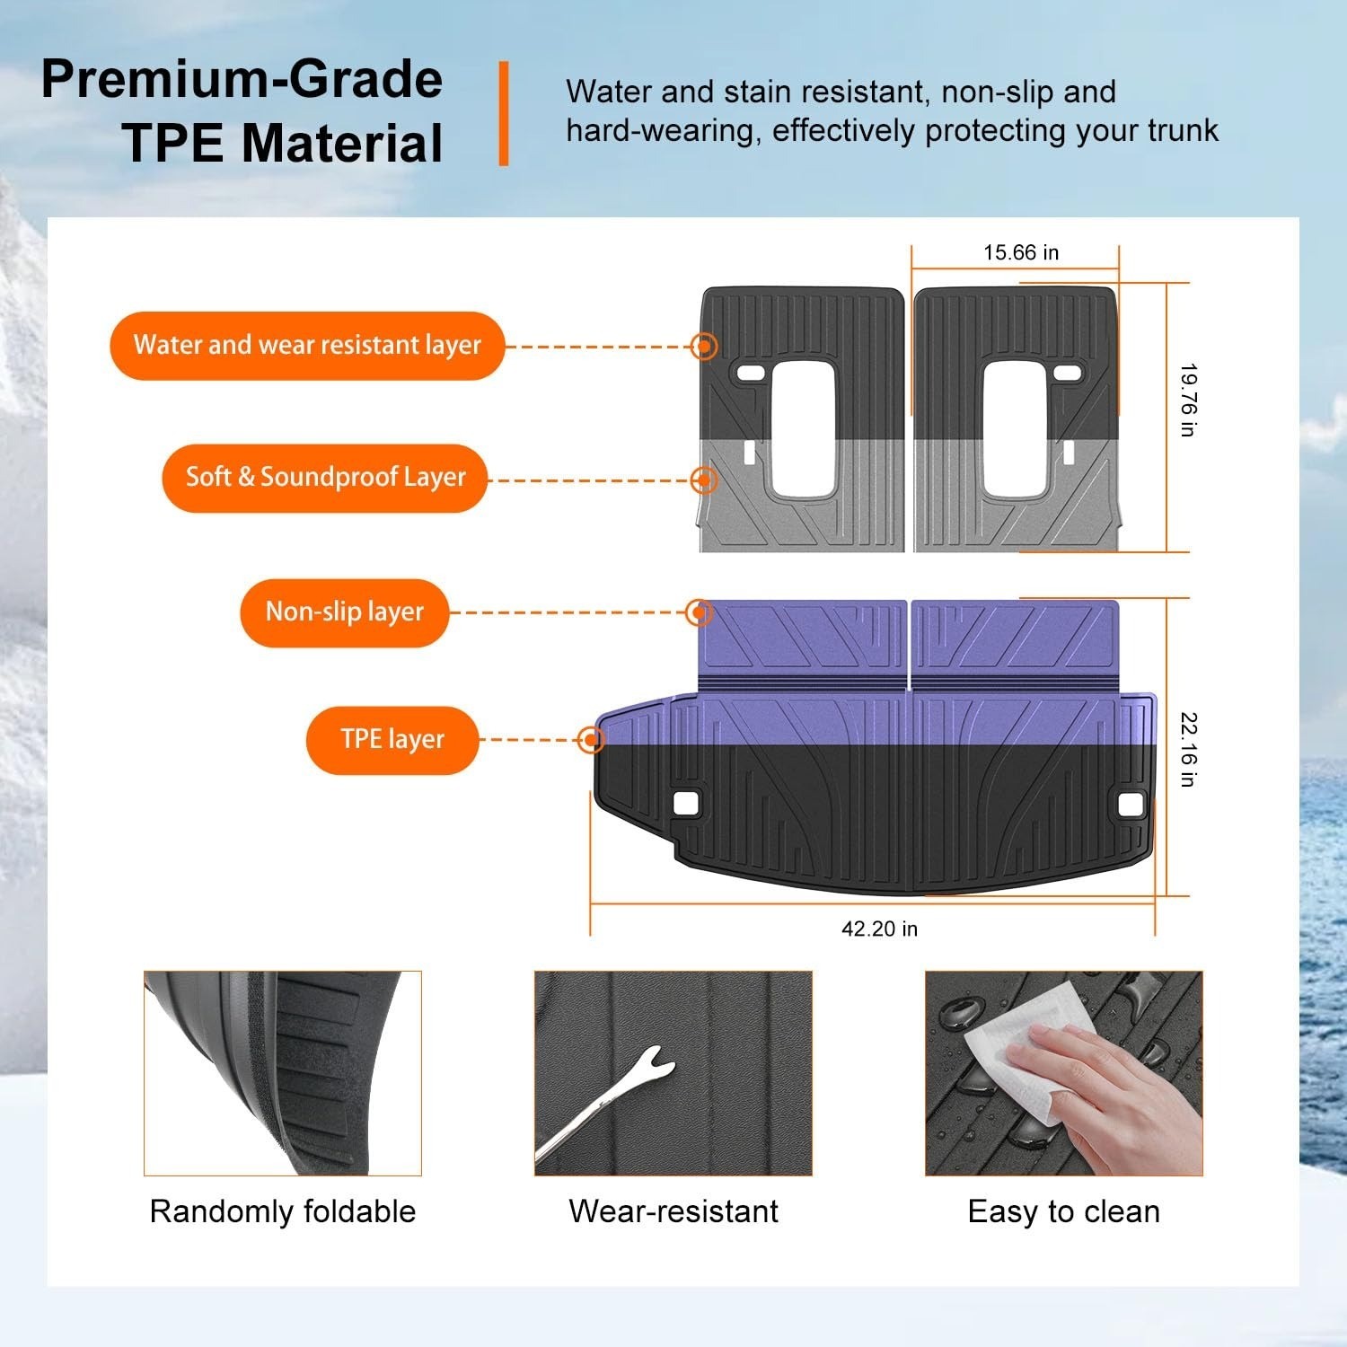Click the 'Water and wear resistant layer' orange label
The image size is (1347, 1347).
click(307, 346)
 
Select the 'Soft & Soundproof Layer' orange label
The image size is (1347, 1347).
click(325, 478)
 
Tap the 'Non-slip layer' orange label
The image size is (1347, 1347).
click(344, 612)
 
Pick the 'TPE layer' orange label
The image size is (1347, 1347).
click(392, 740)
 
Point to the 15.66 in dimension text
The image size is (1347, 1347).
click(1021, 252)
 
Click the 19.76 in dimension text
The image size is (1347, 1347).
click(1187, 400)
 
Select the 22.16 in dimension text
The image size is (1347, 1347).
click(1187, 750)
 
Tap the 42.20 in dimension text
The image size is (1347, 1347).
click(879, 929)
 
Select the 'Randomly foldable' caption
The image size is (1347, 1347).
click(283, 1211)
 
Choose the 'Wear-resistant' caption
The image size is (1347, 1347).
click(673, 1211)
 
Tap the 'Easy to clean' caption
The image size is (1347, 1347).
click(1064, 1211)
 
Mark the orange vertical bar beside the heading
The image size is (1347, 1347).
click(504, 113)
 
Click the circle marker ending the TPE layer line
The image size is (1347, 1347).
click(591, 740)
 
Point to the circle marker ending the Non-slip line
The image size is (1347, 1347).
click(699, 612)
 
